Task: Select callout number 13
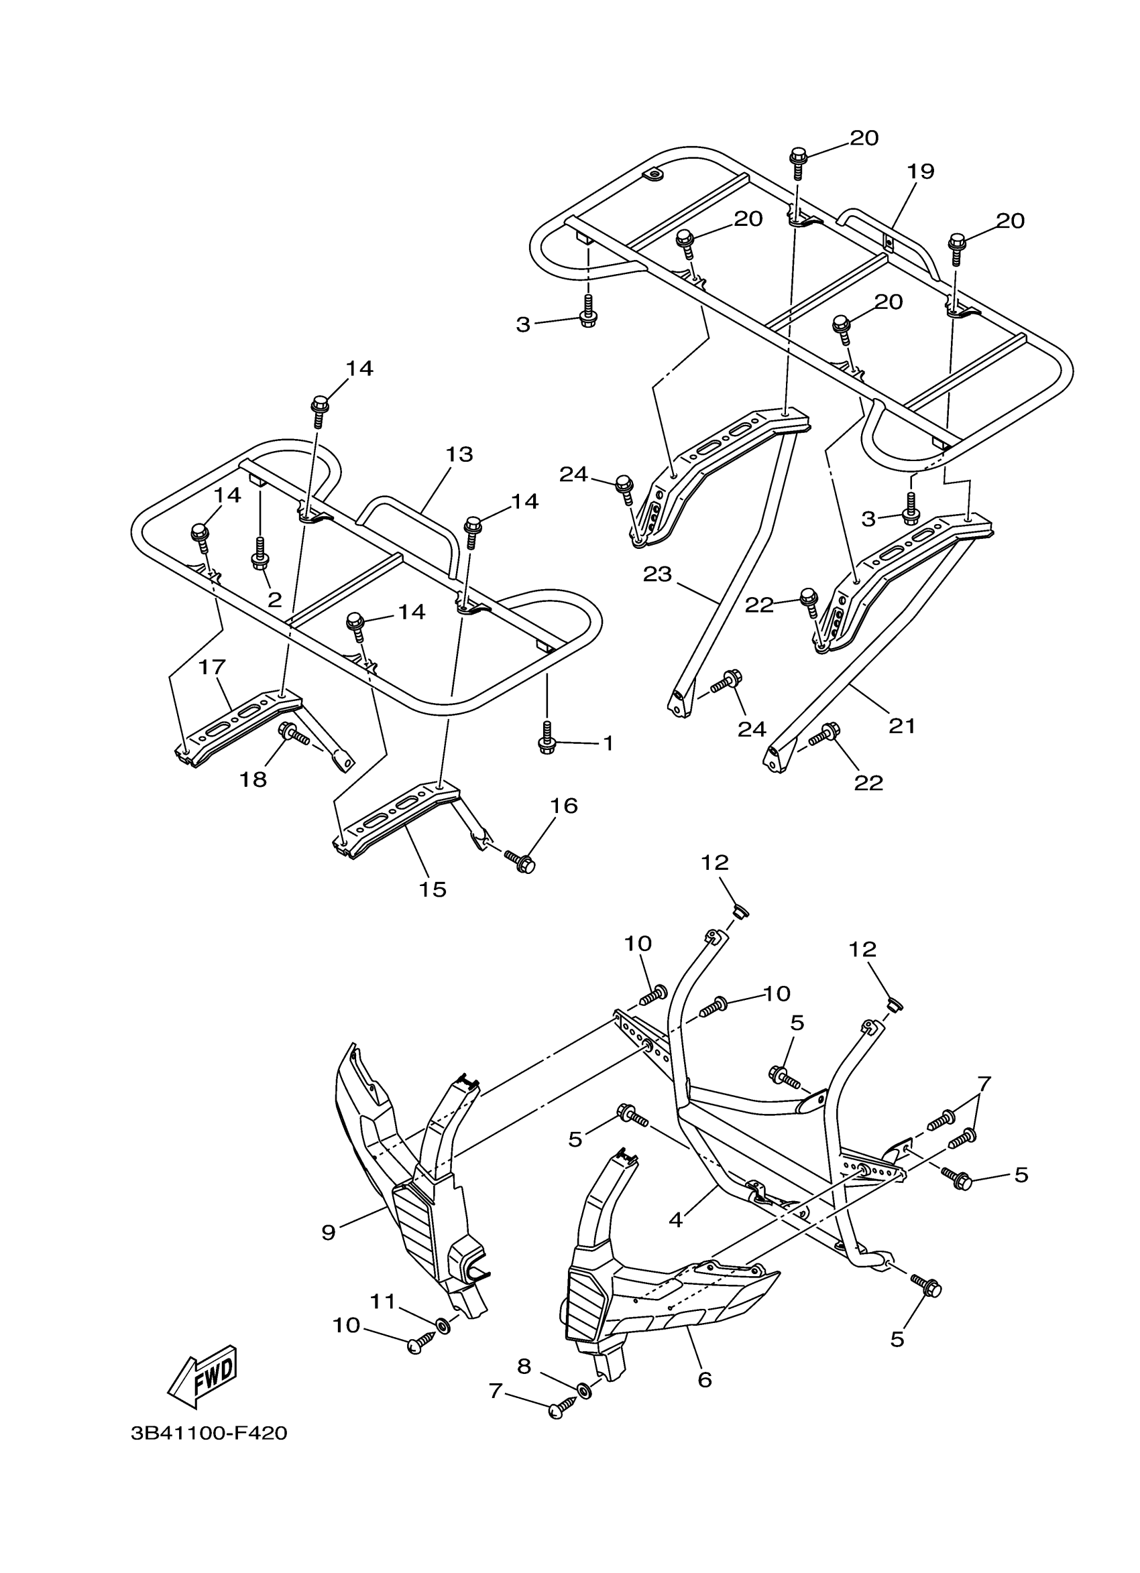point(459,454)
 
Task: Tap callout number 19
point(920,171)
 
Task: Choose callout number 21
point(902,726)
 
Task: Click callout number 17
point(213,668)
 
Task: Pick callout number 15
point(433,889)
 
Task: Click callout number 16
point(563,806)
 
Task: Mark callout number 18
point(253,779)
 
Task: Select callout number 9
point(328,1232)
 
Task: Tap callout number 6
point(704,1379)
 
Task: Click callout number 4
point(675,1219)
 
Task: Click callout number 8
point(524,1367)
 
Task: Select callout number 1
point(608,743)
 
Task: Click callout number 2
point(275,600)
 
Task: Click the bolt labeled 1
point(546,742)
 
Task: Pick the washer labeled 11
point(442,1327)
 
